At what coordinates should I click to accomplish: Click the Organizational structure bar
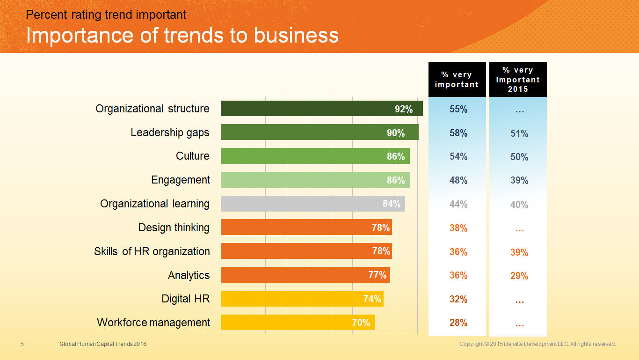click(x=321, y=109)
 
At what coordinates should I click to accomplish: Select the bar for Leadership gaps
click(x=319, y=132)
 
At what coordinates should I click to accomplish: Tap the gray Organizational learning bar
click(x=312, y=204)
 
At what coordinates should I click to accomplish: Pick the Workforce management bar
click(x=298, y=323)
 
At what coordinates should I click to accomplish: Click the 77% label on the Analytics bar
click(x=378, y=275)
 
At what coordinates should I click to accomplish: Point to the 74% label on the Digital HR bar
click(x=372, y=299)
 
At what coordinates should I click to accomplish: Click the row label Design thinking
click(x=174, y=228)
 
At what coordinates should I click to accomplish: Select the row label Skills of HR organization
click(x=152, y=251)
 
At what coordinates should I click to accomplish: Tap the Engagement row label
click(x=181, y=180)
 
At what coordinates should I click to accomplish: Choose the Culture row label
click(x=193, y=156)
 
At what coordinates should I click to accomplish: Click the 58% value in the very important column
click(x=458, y=133)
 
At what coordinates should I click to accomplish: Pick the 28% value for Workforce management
click(x=458, y=323)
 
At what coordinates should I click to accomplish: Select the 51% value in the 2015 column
click(x=519, y=134)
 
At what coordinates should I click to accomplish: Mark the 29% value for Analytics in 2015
click(x=519, y=276)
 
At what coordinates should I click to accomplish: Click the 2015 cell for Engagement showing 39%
click(x=519, y=181)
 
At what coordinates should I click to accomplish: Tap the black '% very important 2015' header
click(x=518, y=80)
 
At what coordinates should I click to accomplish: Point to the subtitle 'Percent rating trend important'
click(x=106, y=15)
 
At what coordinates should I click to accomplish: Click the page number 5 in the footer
click(x=22, y=344)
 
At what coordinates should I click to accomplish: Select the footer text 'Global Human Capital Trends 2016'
click(x=103, y=344)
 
